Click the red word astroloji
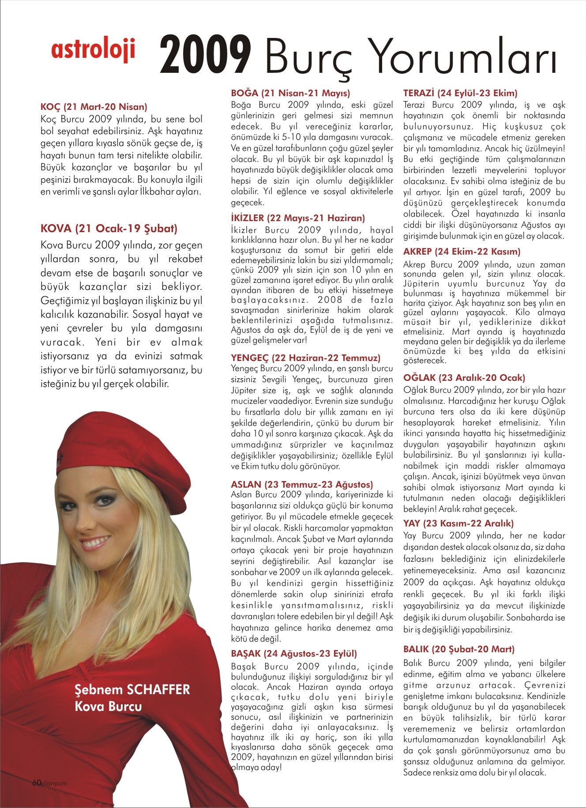93,50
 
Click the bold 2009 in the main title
205,55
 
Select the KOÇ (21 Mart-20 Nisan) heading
94,107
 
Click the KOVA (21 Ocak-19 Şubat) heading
109,229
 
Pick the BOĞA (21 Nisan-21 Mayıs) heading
290,93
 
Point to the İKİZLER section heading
298,218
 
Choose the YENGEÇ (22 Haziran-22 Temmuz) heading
305,358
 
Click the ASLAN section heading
302,485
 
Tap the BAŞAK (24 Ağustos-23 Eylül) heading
294,654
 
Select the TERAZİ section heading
460,93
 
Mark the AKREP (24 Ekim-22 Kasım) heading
462,252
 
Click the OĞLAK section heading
464,378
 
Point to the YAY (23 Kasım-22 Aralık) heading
458,523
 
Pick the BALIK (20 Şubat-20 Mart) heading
459,649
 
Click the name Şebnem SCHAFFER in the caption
132,690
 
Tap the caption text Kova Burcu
108,707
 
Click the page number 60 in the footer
36,782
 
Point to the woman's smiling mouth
95,542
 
